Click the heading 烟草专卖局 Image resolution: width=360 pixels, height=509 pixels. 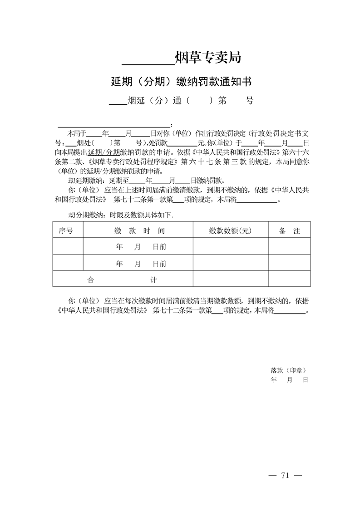click(x=207, y=58)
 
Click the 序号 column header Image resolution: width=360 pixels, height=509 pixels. click(x=66, y=231)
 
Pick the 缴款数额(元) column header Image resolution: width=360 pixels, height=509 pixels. click(x=230, y=231)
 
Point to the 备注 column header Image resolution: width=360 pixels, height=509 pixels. click(x=290, y=231)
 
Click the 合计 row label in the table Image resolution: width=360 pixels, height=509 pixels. click(x=122, y=280)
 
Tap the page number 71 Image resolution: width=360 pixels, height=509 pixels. click(x=285, y=475)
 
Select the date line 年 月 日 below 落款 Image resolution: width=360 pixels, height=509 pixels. click(x=289, y=379)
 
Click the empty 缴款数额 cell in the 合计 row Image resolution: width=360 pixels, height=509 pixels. click(x=230, y=279)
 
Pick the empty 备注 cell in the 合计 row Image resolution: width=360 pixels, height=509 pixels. click(x=290, y=279)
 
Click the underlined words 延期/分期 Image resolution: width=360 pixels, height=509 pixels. click(x=104, y=152)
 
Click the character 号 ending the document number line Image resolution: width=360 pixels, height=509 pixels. click(x=249, y=101)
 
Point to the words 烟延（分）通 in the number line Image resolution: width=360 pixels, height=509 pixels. click(x=154, y=101)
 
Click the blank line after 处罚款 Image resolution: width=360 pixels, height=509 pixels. click(x=182, y=143)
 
